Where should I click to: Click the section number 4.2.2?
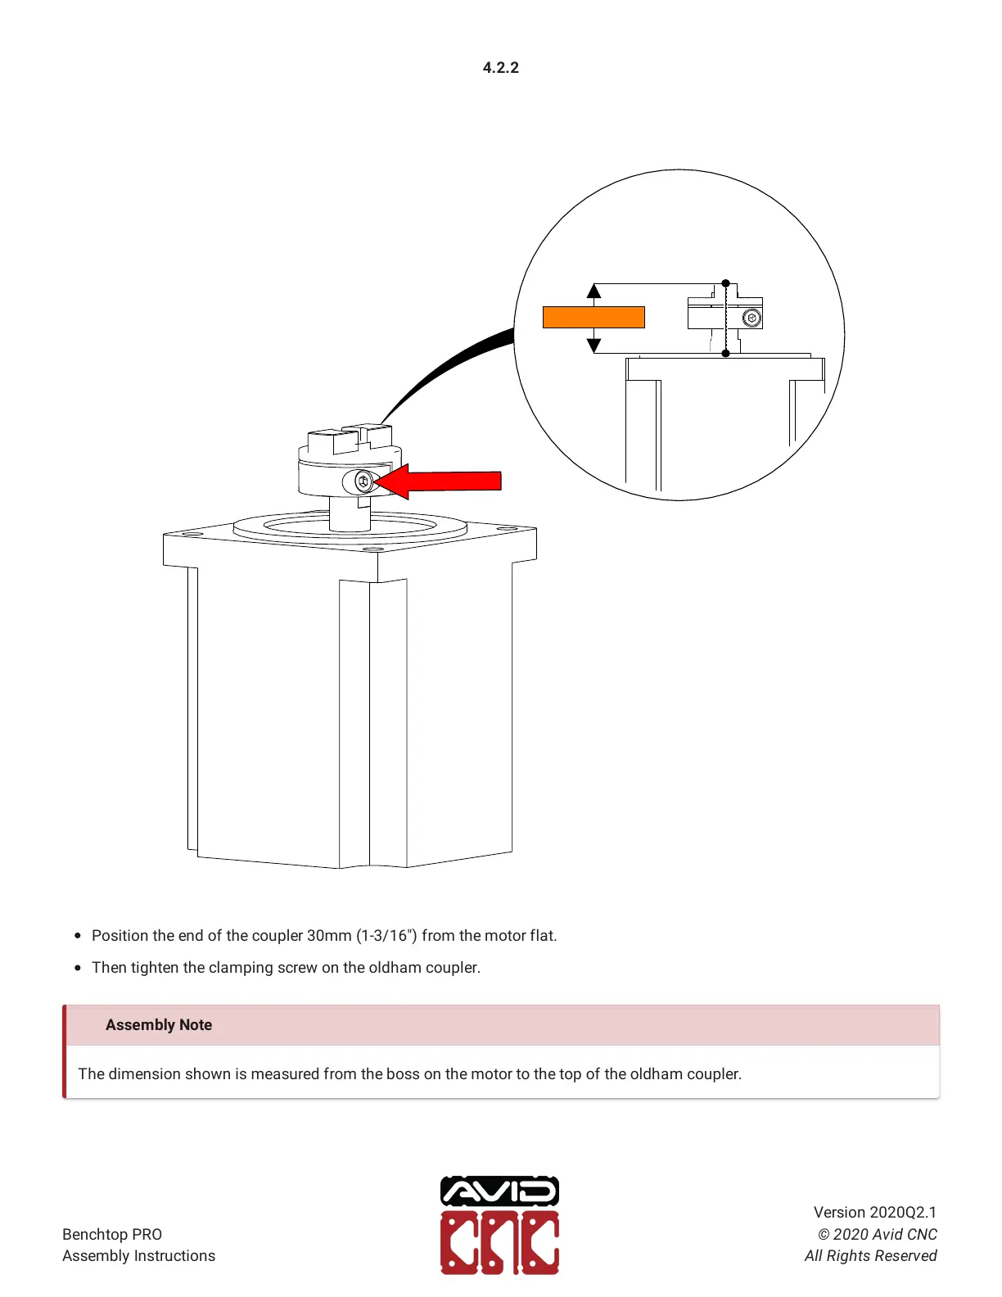tap(500, 68)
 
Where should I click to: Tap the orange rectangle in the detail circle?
tap(594, 317)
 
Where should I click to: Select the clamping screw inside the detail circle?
tap(752, 318)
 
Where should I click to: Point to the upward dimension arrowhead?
tap(594, 291)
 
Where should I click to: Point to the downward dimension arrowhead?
tap(594, 346)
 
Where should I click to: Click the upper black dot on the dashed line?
tap(725, 284)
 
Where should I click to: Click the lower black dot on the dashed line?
tap(725, 353)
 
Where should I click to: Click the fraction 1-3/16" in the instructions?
tap(386, 935)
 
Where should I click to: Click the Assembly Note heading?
tap(159, 1024)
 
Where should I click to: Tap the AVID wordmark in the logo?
tap(499, 1191)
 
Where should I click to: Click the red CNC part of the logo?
tap(499, 1243)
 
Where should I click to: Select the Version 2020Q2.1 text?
tap(874, 1212)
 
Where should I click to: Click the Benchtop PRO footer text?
tap(112, 1234)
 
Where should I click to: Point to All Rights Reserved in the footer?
tap(870, 1255)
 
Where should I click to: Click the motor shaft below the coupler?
tap(350, 513)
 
